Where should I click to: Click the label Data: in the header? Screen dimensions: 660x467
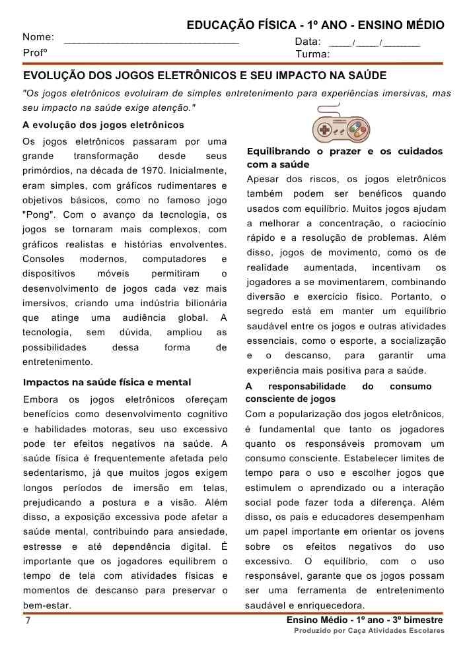point(308,42)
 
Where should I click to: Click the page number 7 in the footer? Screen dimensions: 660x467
point(27,621)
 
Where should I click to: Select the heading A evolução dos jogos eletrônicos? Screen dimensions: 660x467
point(103,125)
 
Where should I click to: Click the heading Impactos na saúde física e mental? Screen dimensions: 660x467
point(107,382)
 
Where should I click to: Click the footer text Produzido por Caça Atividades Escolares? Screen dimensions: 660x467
point(369,631)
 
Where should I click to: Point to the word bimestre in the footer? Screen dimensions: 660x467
point(421,620)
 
